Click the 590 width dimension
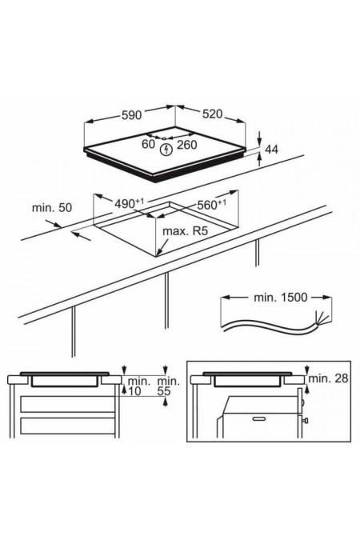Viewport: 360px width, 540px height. click(131, 114)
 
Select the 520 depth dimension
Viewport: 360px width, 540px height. click(212, 114)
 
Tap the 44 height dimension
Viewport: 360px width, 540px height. click(272, 149)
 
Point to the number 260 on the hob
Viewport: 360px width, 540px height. click(186, 145)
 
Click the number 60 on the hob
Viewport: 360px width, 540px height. click(149, 144)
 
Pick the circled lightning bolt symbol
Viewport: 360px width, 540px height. click(166, 150)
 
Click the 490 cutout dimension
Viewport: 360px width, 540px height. click(129, 203)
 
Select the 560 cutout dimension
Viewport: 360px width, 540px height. click(211, 205)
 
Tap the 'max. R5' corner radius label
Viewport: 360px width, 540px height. click(186, 230)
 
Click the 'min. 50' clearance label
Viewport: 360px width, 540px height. click(52, 208)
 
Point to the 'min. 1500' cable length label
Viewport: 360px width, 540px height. click(280, 298)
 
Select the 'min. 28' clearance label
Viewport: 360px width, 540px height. click(328, 378)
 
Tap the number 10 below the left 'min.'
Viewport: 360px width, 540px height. click(134, 391)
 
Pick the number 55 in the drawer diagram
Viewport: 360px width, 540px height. click(164, 391)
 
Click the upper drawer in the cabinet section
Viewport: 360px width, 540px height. click(67, 404)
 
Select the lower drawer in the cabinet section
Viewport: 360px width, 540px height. click(67, 426)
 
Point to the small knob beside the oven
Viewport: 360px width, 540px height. click(305, 421)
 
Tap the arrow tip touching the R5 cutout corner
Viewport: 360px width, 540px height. click(157, 255)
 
